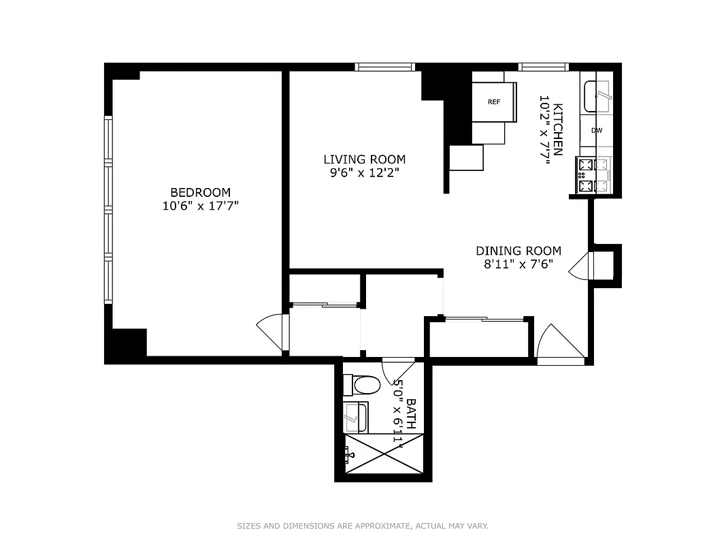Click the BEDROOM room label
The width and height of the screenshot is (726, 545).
click(200, 193)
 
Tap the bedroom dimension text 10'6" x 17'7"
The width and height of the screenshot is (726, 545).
click(200, 206)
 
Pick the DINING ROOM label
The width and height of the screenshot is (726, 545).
click(518, 251)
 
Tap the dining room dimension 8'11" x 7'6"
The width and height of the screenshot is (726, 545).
click(518, 264)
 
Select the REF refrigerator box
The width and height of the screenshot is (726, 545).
click(494, 102)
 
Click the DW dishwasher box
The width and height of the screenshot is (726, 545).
click(597, 130)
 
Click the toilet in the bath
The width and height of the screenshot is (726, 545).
click(362, 386)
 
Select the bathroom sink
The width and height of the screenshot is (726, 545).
click(355, 417)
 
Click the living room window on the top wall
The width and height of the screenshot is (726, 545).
click(385, 67)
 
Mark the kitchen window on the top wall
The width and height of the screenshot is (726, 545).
click(544, 67)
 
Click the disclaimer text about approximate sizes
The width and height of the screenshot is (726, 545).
click(363, 526)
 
